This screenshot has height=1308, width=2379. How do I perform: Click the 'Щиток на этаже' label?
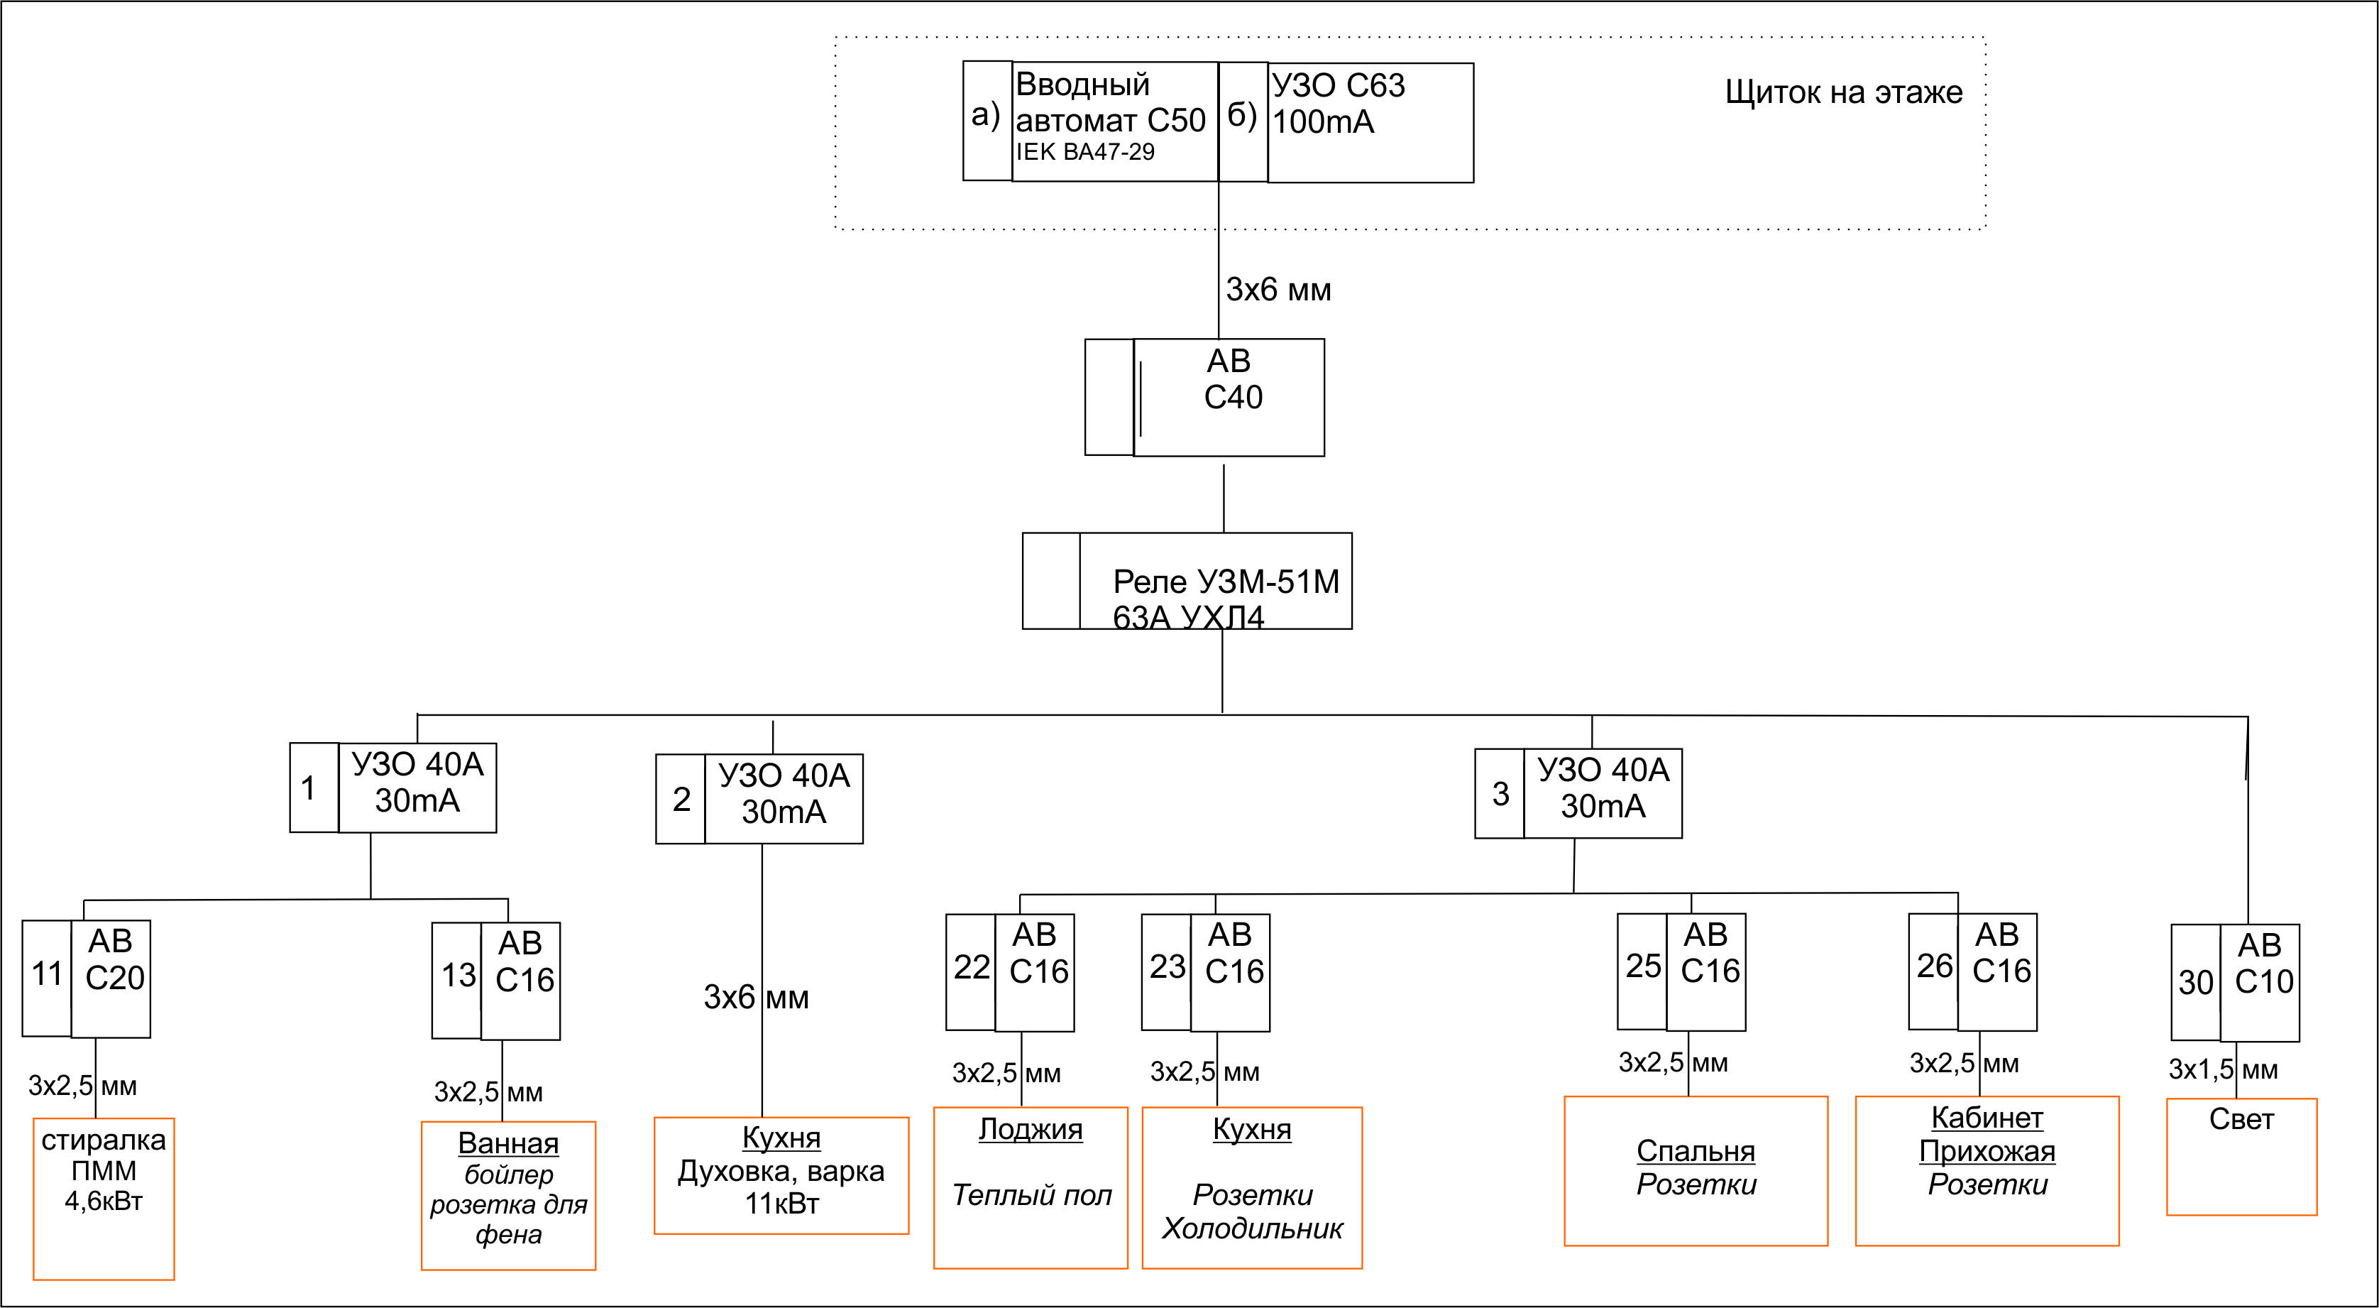click(1843, 92)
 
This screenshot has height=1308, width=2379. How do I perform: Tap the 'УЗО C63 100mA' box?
click(1370, 122)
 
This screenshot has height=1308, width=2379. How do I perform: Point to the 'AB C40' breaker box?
click(1229, 397)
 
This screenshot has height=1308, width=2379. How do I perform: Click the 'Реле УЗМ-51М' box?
click(1214, 581)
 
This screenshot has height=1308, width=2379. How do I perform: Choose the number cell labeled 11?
click(47, 977)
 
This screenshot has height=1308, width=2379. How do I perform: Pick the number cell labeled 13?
click(457, 979)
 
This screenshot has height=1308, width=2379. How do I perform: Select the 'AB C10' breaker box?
click(2260, 982)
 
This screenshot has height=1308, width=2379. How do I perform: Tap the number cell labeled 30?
click(2195, 982)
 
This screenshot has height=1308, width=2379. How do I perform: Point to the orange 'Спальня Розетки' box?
click(1696, 1170)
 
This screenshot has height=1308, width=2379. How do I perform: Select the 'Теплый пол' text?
click(1031, 1195)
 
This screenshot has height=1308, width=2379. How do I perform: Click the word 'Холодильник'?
click(1252, 1228)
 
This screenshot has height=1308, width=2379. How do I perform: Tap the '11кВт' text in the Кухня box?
click(782, 1204)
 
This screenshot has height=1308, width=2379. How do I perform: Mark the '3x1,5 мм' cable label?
click(2223, 1069)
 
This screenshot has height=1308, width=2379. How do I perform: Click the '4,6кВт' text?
click(104, 1201)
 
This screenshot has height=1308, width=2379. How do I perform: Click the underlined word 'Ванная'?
click(508, 1143)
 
